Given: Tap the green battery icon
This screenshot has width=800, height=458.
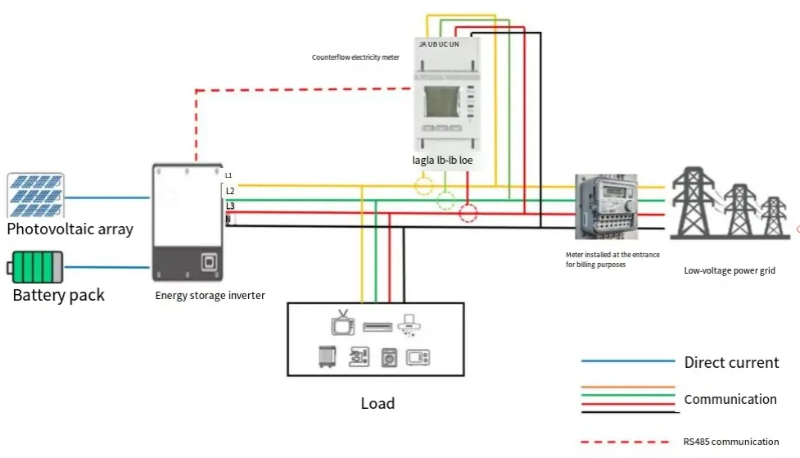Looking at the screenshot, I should tap(37, 267).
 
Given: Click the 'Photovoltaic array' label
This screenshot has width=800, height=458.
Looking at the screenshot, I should tap(70, 229).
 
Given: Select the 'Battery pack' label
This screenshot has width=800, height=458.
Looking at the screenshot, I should tap(58, 295).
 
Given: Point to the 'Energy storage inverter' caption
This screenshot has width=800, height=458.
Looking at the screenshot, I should tap(210, 296).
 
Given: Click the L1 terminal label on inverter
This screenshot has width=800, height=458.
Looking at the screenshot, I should tap(229, 175).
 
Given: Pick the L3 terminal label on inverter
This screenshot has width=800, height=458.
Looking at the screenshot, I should tap(230, 205).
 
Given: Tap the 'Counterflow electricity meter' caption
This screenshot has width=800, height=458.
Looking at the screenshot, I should tap(355, 57).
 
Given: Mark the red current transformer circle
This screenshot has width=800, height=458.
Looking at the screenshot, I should tap(468, 214).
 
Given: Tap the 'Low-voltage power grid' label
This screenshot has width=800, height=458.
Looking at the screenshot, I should tap(730, 270).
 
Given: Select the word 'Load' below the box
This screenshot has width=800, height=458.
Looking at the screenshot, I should tap(377, 403).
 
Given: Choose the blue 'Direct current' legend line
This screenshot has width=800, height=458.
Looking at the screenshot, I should tap(627, 361).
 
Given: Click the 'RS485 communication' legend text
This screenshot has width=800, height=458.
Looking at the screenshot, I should tap(730, 442).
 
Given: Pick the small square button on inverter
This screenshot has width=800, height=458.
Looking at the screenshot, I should tap(208, 262).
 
